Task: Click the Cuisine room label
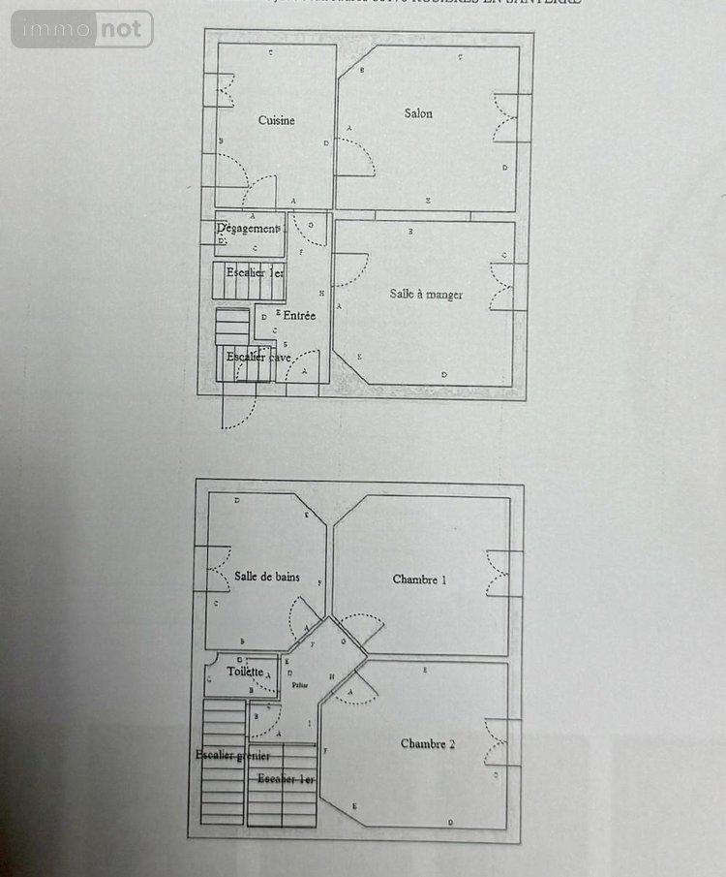276,120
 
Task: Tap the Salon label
418,113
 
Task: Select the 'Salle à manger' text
426,294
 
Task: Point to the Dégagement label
249,229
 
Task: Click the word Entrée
299,315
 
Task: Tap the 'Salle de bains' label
266,577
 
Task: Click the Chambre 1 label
419,579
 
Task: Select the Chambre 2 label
427,743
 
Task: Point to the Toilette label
245,671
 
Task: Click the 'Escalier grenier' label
231,755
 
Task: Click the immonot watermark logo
82,29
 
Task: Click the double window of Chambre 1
498,573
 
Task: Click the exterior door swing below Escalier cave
238,407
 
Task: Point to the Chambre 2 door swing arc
360,690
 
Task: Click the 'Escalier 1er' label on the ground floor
255,272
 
